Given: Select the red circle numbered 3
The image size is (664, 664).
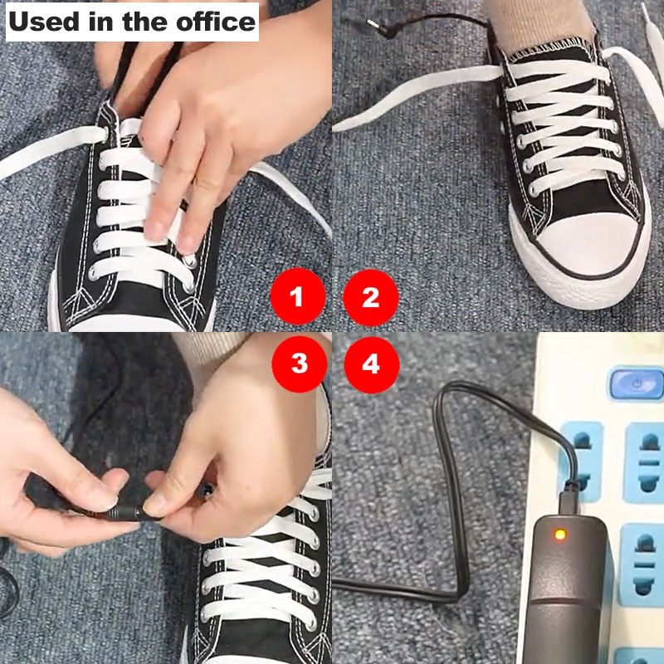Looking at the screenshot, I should pyautogui.click(x=298, y=363).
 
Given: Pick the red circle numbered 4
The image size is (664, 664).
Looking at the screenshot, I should pyautogui.click(x=371, y=363).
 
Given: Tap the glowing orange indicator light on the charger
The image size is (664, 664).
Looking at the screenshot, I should pyautogui.click(x=560, y=534).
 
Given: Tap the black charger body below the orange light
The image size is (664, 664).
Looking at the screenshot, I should pyautogui.click(x=564, y=598).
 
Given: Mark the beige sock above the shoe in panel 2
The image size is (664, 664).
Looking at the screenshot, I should pyautogui.click(x=548, y=21).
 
